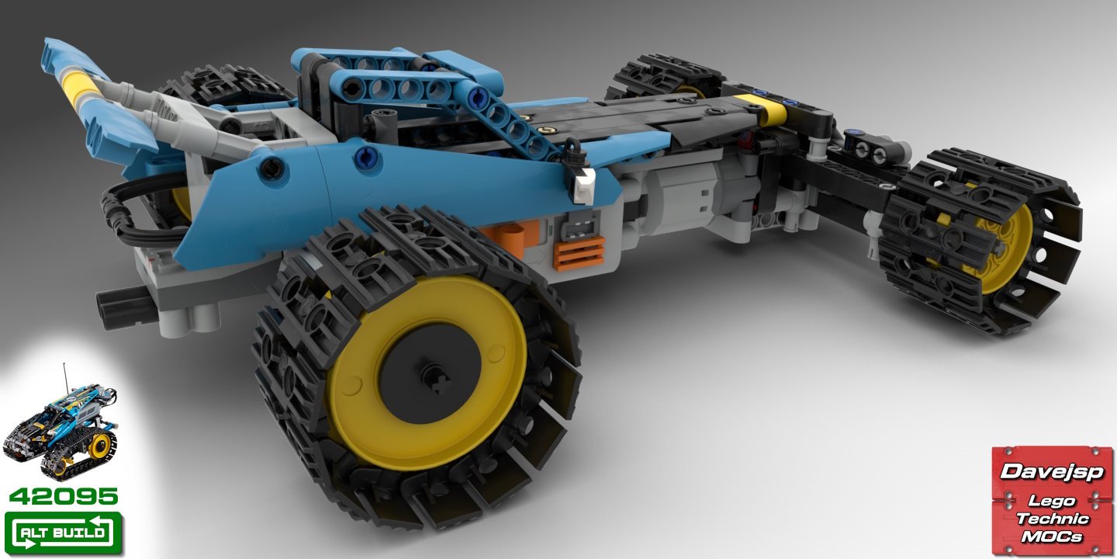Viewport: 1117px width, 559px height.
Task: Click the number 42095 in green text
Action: [x=64, y=497]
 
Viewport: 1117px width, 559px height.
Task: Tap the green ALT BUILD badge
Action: [x=64, y=533]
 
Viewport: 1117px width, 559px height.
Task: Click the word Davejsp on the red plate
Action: [x=1051, y=472]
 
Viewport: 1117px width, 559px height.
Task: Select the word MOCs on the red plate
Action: [x=1052, y=536]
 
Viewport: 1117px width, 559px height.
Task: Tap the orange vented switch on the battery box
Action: [x=579, y=254]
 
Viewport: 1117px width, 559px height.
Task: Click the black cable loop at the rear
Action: [x=130, y=214]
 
